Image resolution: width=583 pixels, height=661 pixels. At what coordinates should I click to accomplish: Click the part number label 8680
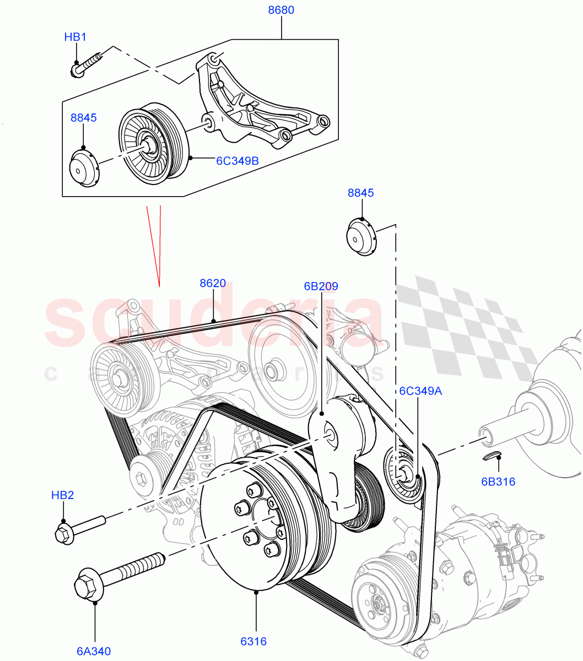tap(281, 10)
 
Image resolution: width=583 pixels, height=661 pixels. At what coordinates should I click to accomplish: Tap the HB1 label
tap(75, 37)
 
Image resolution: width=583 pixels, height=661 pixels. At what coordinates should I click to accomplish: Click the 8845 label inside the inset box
tap(83, 117)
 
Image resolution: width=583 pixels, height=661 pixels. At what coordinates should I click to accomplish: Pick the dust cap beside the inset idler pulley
tap(84, 167)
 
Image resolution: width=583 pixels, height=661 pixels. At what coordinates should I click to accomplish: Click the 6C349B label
tap(237, 161)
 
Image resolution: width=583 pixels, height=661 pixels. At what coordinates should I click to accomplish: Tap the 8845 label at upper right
tap(361, 193)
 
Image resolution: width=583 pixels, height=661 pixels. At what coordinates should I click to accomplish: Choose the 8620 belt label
tap(213, 283)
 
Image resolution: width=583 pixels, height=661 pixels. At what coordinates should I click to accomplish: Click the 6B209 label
tap(321, 286)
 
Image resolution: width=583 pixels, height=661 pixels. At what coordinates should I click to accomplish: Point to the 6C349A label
tap(420, 391)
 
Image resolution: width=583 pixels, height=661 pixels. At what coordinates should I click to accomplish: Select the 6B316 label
tap(498, 481)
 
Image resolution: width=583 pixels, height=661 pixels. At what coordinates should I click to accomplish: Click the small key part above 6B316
tap(492, 455)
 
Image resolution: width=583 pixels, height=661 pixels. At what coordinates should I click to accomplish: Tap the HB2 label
tap(62, 495)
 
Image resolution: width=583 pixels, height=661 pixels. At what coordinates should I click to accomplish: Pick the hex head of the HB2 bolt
tap(63, 534)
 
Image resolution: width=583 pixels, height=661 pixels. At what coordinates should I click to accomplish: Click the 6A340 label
tap(94, 651)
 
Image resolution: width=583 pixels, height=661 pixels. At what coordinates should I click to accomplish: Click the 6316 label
tap(253, 641)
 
